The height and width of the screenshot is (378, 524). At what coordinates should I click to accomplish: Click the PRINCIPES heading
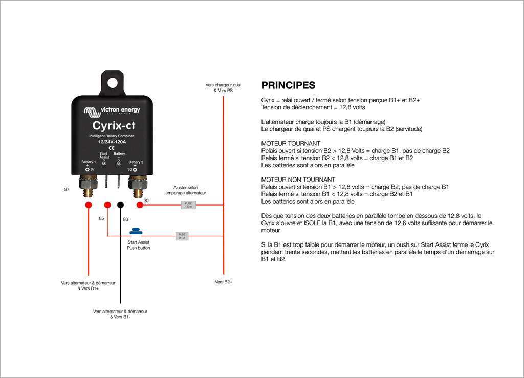(288, 85)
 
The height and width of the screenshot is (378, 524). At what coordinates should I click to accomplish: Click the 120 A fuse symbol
(188, 205)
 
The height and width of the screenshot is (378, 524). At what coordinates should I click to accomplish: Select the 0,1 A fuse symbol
(182, 236)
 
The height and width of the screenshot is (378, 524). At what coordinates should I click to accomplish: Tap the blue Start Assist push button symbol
(136, 231)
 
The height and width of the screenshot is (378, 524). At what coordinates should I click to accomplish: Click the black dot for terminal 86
(121, 205)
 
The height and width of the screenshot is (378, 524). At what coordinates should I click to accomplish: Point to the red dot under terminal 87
(89, 205)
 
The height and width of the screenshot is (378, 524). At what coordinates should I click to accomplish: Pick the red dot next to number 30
(140, 205)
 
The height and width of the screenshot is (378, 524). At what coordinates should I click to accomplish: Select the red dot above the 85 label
(107, 205)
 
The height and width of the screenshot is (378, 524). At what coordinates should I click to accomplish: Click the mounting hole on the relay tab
(112, 82)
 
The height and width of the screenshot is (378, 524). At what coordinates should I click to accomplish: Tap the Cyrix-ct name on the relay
(114, 125)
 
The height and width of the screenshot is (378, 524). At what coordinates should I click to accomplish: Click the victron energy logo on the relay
(112, 111)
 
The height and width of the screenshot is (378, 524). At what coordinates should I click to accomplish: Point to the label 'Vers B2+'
(224, 282)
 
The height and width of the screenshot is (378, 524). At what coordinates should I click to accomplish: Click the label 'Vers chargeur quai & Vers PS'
(223, 88)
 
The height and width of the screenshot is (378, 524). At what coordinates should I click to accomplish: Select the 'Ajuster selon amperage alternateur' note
(186, 190)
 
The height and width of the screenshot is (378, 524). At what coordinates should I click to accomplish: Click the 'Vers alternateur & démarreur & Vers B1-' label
(120, 314)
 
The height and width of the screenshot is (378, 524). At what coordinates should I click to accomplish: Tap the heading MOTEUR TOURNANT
(291, 144)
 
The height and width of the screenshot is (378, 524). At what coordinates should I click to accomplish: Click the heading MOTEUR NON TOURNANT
(298, 180)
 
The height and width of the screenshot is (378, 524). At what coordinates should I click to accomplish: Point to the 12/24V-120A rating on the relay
(112, 142)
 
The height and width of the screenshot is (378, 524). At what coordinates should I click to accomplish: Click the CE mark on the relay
(112, 148)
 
